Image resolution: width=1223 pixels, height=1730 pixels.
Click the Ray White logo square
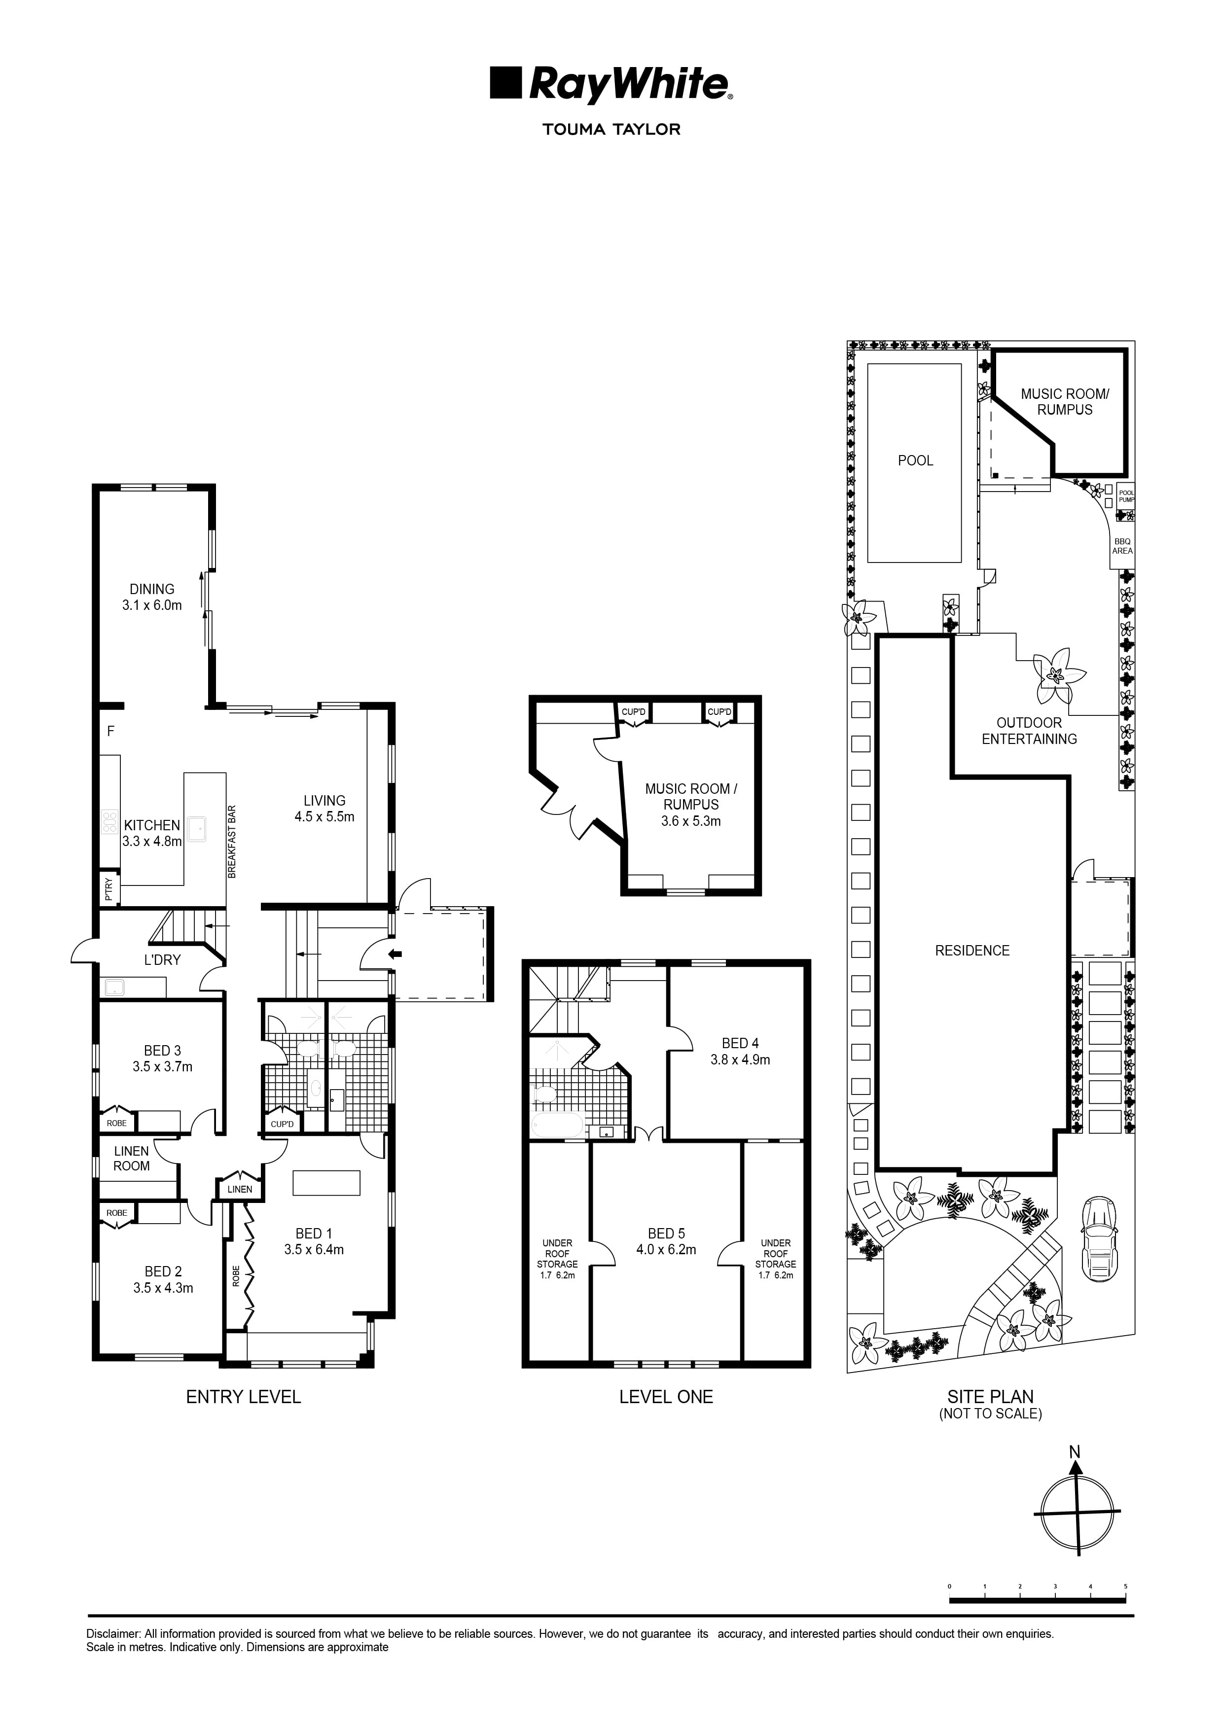pos(505,83)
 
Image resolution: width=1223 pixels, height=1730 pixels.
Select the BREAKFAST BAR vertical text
pos(232,842)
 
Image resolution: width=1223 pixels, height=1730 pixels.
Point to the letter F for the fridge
pos(111,731)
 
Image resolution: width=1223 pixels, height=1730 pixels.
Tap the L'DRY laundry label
pos(162,959)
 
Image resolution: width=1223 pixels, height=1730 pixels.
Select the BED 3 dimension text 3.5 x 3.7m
pos(162,1066)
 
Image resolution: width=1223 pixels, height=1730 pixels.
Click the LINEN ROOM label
pos(131,1158)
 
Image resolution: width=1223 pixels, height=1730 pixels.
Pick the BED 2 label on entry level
pos(163,1271)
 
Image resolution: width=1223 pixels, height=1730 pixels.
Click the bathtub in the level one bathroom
pos(558,1126)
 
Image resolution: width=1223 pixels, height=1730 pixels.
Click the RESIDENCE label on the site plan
pos(972,951)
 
